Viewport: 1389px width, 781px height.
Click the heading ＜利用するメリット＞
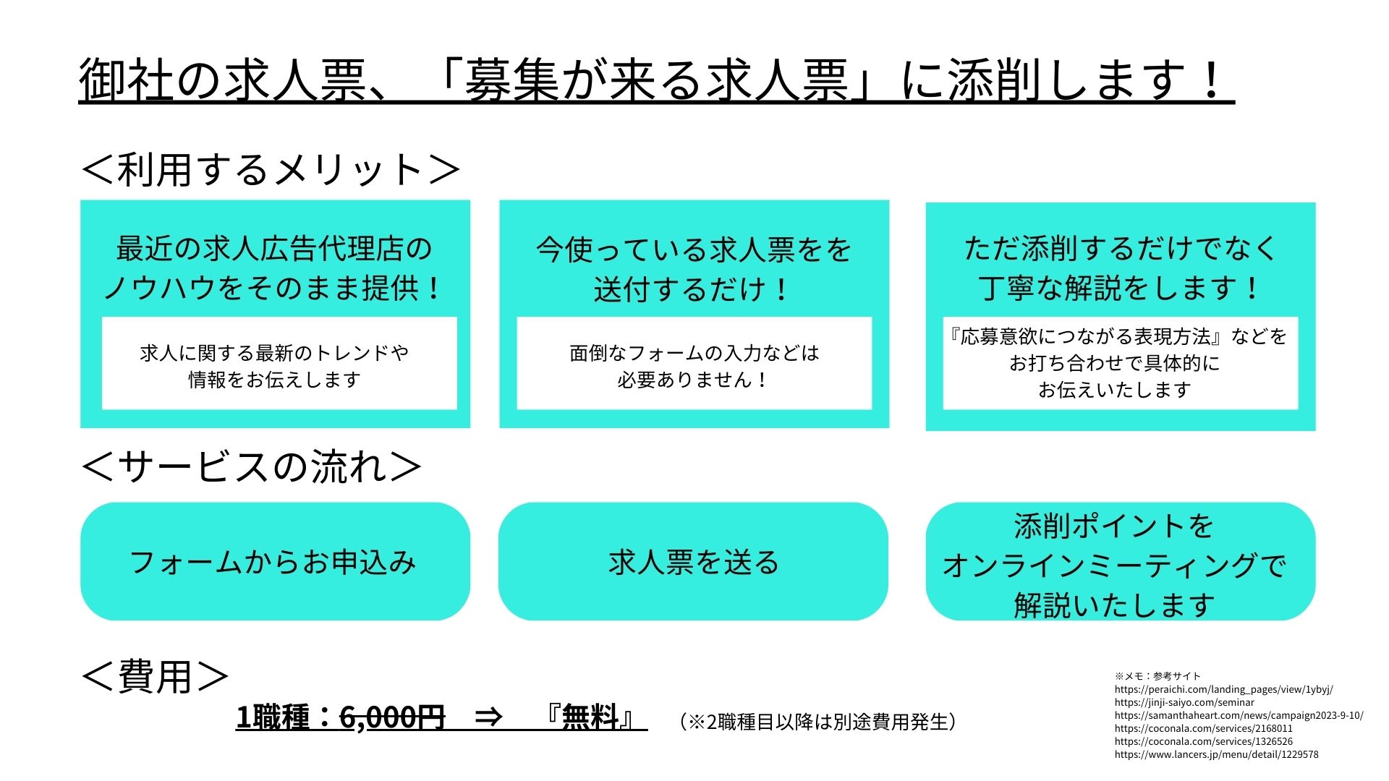tap(271, 170)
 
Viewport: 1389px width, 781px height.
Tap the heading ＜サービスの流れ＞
tap(251, 466)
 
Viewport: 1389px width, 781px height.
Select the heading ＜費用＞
tap(155, 677)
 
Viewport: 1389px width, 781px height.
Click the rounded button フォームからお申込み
tap(275, 561)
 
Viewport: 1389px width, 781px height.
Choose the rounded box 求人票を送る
tap(693, 561)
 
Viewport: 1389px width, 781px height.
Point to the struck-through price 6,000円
tap(392, 717)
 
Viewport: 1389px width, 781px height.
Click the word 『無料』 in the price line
tap(591, 717)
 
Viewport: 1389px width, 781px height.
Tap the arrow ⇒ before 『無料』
tap(488, 717)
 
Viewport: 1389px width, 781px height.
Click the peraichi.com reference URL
tap(1223, 689)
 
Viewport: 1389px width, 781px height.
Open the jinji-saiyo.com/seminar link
tap(1184, 702)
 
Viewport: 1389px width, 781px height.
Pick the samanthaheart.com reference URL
tap(1239, 715)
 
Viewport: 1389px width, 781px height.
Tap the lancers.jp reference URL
tap(1216, 754)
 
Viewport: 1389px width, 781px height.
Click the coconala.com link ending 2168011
tap(1203, 728)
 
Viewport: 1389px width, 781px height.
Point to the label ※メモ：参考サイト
tap(1157, 676)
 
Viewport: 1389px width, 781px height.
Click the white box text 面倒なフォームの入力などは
tap(694, 353)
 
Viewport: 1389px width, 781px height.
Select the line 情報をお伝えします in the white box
tap(274, 380)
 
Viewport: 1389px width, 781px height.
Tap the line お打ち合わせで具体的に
tap(1114, 363)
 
